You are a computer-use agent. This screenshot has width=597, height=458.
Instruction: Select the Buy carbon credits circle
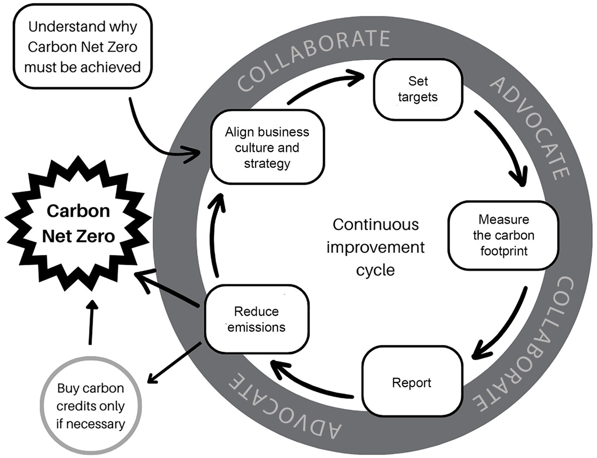tap(90, 406)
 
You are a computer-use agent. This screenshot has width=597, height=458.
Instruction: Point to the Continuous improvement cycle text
tap(376, 247)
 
